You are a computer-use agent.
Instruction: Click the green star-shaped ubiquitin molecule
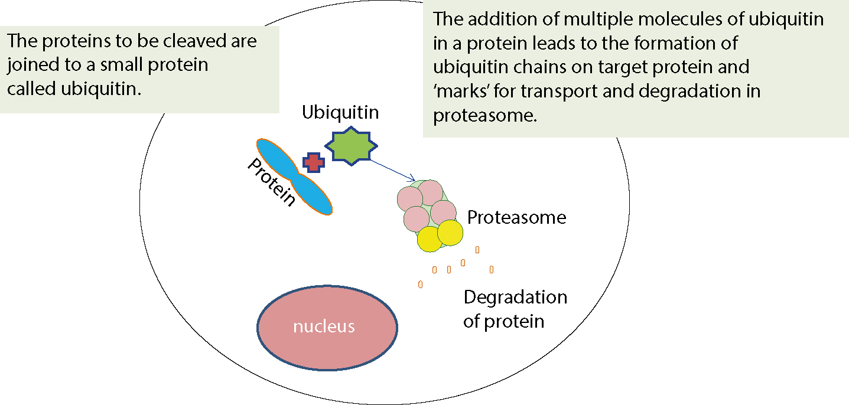pyautogui.click(x=351, y=146)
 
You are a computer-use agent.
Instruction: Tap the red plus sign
pyautogui.click(x=314, y=162)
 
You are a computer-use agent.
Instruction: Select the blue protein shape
pyautogui.click(x=294, y=177)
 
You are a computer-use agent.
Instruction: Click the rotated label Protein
pyautogui.click(x=271, y=182)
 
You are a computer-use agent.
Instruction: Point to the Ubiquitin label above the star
pyautogui.click(x=340, y=113)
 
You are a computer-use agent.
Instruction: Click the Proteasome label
pyautogui.click(x=516, y=217)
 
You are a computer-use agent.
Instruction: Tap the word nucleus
pyautogui.click(x=324, y=326)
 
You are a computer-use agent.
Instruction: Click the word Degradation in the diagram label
pyautogui.click(x=515, y=297)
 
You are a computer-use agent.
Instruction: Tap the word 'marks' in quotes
pyautogui.click(x=461, y=91)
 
